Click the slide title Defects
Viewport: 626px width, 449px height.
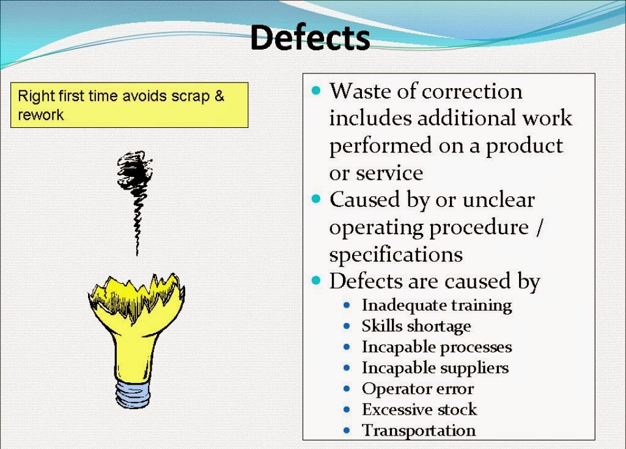310,38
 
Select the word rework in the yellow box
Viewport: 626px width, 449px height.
41,114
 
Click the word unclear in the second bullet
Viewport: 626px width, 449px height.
498,199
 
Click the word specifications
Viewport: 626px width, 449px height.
396,254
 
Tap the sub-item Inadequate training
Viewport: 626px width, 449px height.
436,305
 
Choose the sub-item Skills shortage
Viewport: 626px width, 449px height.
416,325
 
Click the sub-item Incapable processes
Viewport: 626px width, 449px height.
436,347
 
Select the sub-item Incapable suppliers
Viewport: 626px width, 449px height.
435,368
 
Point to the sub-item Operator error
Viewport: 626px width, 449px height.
418,388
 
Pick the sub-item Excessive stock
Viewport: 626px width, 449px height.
419,409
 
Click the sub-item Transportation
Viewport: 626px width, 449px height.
418,430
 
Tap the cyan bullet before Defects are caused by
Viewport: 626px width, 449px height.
315,280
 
